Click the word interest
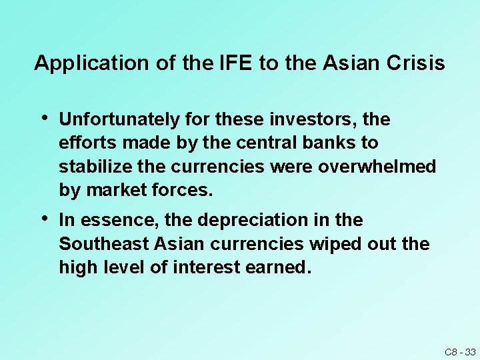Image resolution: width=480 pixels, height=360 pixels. pyautogui.click(x=205, y=267)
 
